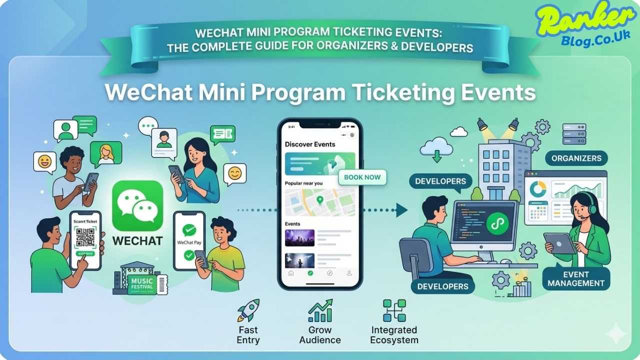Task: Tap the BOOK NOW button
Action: [x=362, y=177]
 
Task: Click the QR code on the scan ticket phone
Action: [x=85, y=237]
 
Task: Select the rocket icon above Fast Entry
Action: [x=248, y=310]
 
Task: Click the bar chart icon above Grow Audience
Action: [x=320, y=310]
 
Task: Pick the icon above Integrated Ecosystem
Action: [x=394, y=310]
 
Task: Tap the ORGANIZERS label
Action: [x=576, y=158]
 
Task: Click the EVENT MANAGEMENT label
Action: [x=576, y=279]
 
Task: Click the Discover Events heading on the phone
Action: [x=310, y=144]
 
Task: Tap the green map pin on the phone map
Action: [x=320, y=200]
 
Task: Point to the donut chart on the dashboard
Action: [x=538, y=189]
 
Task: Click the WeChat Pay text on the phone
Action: [x=188, y=243]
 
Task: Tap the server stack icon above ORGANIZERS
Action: [x=574, y=134]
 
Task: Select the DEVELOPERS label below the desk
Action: [x=442, y=286]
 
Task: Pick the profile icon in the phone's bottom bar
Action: [x=349, y=273]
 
